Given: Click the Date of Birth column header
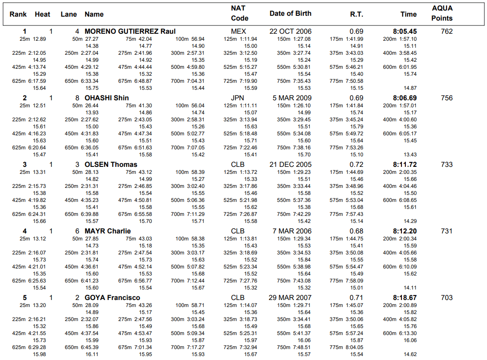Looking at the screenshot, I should [290, 14].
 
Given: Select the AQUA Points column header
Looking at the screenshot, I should [442, 13].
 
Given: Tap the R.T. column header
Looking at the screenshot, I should [356, 14].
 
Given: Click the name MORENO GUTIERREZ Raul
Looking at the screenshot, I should [130, 32].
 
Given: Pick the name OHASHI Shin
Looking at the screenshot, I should [107, 98].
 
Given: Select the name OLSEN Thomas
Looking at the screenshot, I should [111, 165].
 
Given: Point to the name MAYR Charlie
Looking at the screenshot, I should [107, 231].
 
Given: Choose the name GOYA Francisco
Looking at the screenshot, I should [112, 298].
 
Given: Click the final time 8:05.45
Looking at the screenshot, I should [405, 32].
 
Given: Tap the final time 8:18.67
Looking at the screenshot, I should [405, 298].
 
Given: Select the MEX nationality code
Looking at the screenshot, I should [238, 32].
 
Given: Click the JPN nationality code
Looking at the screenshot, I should [238, 98].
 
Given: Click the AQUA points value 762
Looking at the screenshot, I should [447, 32].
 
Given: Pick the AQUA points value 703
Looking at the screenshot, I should [447, 298].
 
